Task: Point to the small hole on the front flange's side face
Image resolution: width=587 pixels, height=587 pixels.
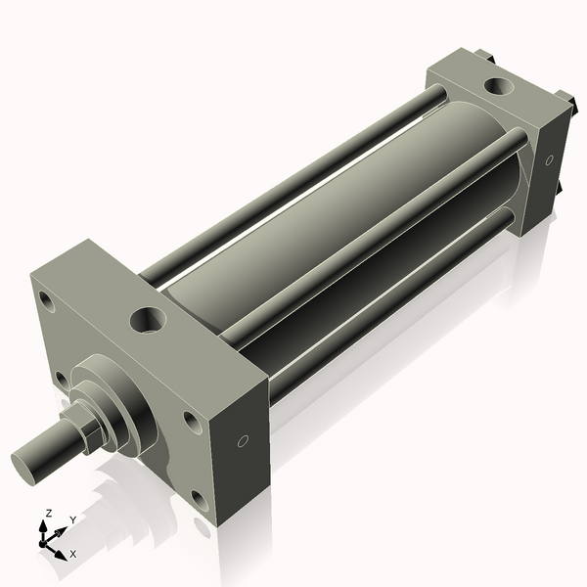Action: coord(244,440)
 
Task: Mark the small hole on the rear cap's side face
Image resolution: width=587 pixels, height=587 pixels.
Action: coord(549,159)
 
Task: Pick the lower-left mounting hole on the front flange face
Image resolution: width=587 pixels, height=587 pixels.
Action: coord(62,378)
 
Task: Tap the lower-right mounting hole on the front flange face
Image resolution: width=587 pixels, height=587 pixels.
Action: coord(200,501)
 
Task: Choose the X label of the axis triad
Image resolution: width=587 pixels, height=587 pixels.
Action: coord(72,554)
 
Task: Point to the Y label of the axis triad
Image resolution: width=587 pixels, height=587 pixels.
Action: coord(72,520)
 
